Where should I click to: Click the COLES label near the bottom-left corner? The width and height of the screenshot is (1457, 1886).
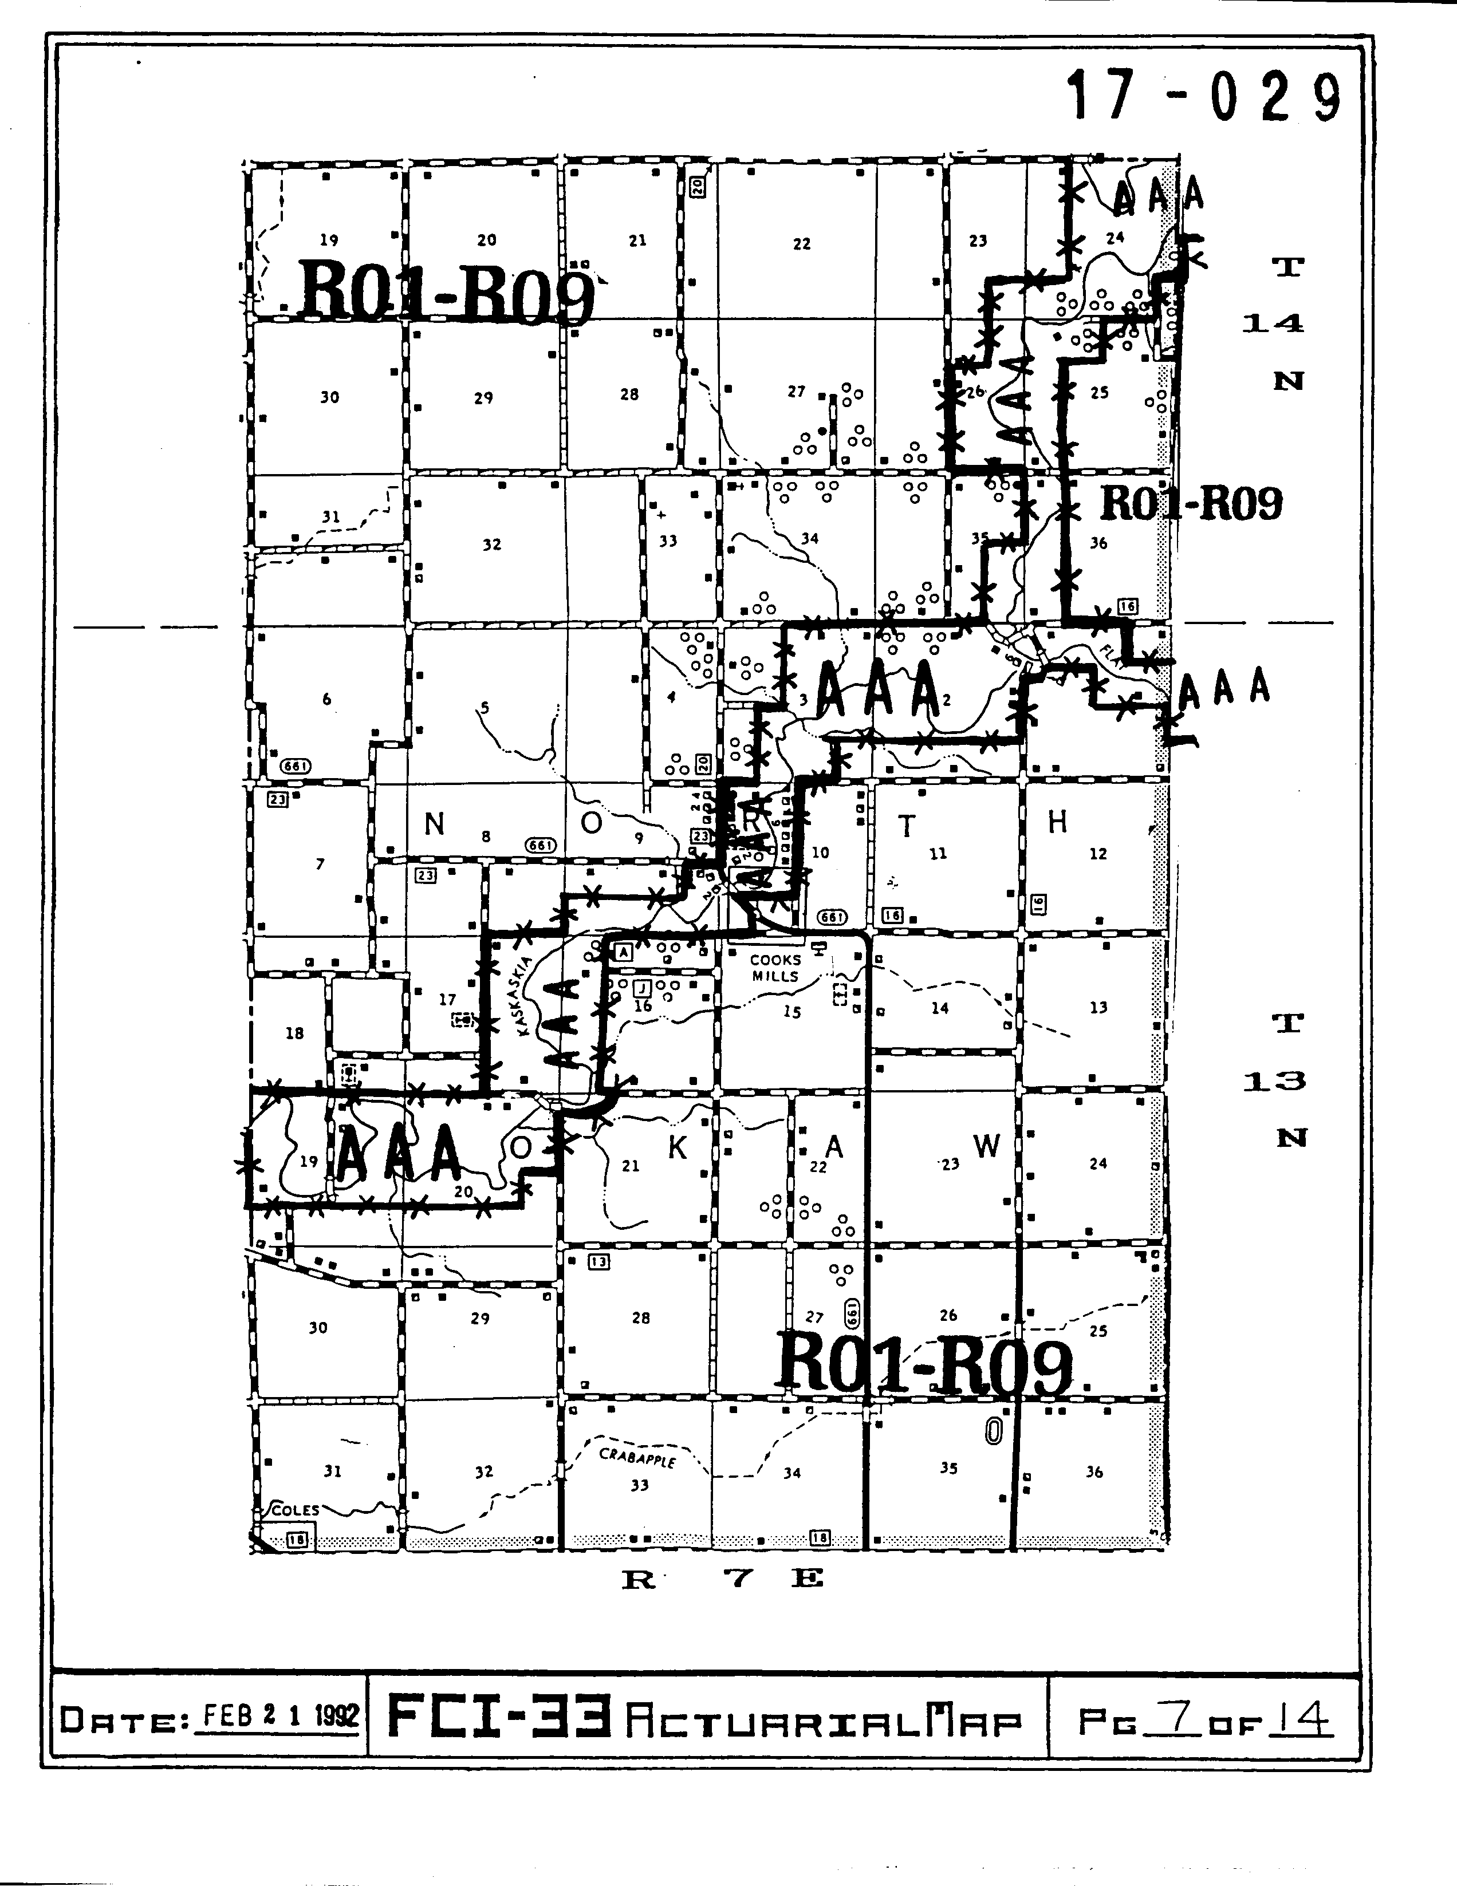296,1510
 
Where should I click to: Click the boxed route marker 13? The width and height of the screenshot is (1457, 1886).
598,1262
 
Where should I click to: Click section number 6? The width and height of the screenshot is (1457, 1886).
326,699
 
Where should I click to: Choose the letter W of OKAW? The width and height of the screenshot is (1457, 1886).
986,1146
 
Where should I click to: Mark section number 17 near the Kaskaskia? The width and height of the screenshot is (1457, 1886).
447,999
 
